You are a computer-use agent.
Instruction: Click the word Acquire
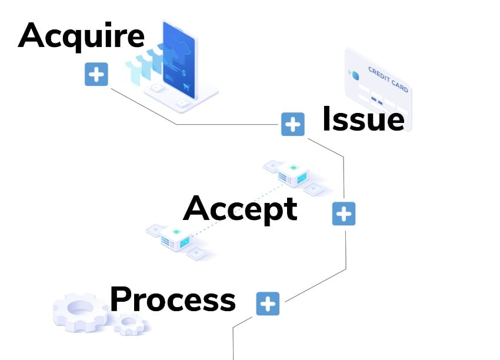(81, 35)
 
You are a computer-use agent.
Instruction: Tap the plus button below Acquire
(96, 75)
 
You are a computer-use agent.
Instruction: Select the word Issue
(363, 119)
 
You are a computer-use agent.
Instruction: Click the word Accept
(240, 209)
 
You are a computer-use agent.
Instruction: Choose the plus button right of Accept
(344, 214)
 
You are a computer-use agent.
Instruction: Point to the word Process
(172, 300)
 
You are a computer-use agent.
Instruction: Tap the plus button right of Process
(268, 304)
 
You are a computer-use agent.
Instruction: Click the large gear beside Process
(79, 310)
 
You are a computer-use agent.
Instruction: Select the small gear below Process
(129, 324)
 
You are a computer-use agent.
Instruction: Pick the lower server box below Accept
(175, 238)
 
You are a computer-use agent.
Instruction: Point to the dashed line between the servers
(235, 205)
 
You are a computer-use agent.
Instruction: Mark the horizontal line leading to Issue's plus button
(229, 124)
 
